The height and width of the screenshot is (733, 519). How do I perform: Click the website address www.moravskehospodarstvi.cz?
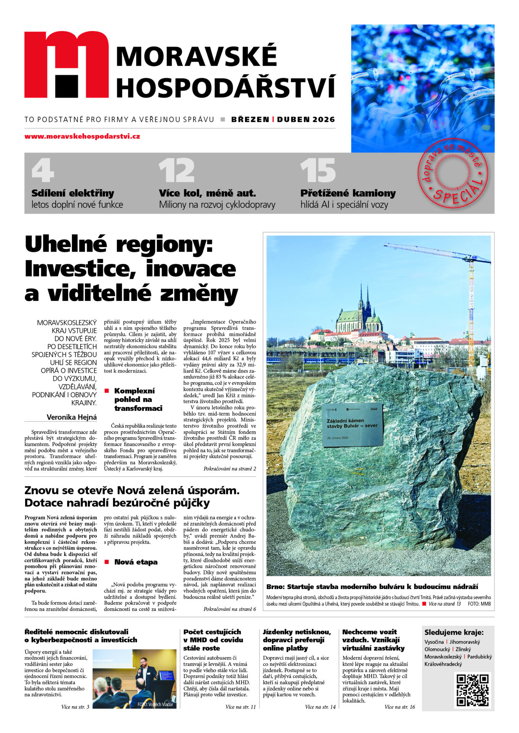pyautogui.click(x=82, y=136)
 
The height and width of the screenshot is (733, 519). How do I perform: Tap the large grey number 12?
pyautogui.click(x=177, y=170)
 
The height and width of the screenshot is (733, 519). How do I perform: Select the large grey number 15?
pyautogui.click(x=318, y=170)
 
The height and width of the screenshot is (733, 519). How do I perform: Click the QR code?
pyautogui.click(x=472, y=690)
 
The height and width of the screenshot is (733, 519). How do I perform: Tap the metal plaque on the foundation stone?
pyautogui.click(x=352, y=424)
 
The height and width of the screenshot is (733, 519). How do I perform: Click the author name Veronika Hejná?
pyautogui.click(x=71, y=417)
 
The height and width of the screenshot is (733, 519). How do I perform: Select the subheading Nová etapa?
pyautogui.click(x=136, y=562)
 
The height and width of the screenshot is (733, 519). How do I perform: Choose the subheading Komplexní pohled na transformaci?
pyautogui.click(x=138, y=399)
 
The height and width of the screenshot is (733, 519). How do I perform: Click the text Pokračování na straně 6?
pyautogui.click(x=229, y=609)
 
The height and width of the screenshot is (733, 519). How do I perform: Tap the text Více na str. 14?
pyautogui.click(x=320, y=707)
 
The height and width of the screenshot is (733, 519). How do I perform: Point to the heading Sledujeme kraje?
pyautogui.click(x=454, y=632)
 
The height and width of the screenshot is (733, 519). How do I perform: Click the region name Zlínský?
pyautogui.click(x=463, y=649)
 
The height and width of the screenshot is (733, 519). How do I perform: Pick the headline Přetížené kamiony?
pyautogui.click(x=348, y=193)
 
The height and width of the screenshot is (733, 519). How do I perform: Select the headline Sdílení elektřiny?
pyautogui.click(x=73, y=193)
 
